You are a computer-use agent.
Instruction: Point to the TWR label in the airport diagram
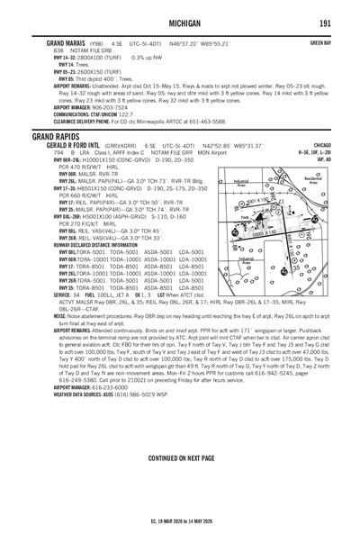[x=246, y=217]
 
